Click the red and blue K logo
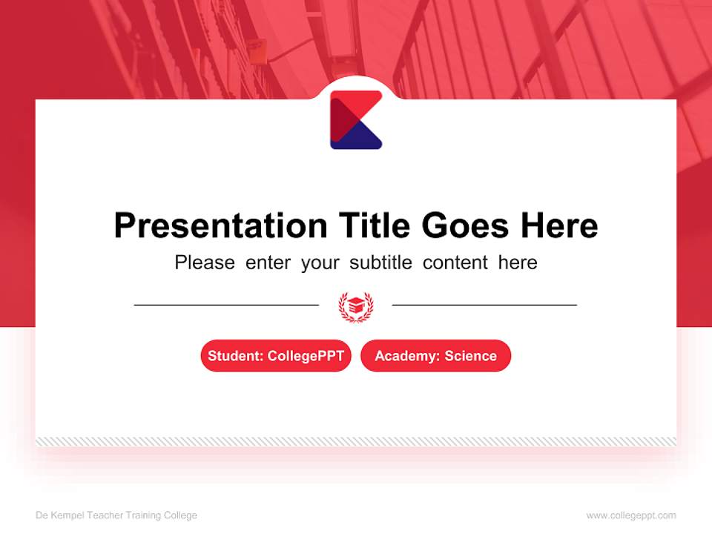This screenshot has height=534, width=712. (356, 120)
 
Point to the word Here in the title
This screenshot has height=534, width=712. (558, 225)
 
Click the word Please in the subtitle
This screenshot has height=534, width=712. (205, 263)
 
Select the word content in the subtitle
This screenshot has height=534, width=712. (455, 263)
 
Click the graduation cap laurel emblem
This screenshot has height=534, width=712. (356, 306)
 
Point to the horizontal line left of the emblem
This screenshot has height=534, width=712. (226, 305)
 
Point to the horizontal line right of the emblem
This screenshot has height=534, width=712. (484, 305)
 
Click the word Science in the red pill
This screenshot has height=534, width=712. (471, 356)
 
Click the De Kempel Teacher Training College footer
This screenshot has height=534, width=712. (116, 515)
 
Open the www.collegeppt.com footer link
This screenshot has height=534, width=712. (631, 515)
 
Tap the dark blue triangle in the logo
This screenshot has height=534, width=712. (359, 138)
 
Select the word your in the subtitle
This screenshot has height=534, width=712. (320, 263)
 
